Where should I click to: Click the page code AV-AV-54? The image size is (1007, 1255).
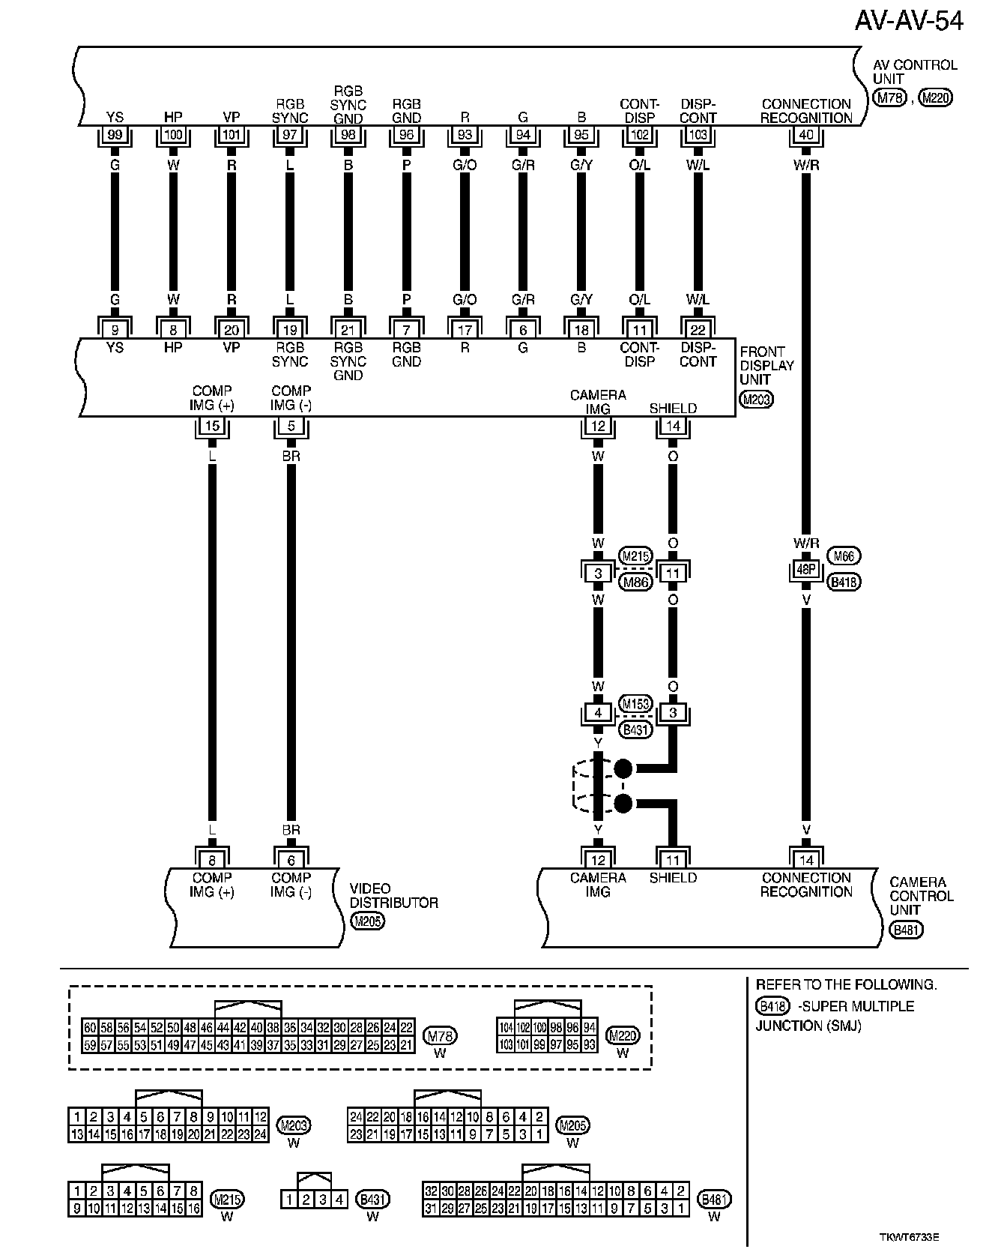tap(909, 21)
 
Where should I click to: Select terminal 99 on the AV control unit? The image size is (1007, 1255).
tap(115, 136)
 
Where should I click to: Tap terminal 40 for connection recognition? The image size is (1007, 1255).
tap(806, 136)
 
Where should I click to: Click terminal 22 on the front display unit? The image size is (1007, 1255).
tap(698, 330)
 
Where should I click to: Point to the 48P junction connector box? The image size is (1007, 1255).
tap(806, 569)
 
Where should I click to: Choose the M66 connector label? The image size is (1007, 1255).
tap(844, 556)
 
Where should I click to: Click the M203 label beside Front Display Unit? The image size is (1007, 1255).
tap(755, 400)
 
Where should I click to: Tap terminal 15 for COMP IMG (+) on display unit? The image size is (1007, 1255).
tap(212, 427)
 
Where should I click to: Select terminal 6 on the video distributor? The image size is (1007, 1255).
tap(291, 861)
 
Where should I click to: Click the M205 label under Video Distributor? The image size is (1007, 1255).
tap(367, 921)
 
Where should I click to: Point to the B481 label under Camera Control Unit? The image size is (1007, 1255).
tap(907, 930)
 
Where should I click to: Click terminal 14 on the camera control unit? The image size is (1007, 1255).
tap(806, 861)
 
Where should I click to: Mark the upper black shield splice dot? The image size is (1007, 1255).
tap(623, 768)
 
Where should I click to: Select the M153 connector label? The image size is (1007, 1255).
tap(636, 704)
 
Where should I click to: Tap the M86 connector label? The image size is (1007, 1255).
tap(636, 582)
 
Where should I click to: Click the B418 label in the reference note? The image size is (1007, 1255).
tap(771, 1006)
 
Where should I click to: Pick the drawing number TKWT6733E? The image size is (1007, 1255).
tap(909, 1236)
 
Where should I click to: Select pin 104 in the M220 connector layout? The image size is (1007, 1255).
tap(505, 1027)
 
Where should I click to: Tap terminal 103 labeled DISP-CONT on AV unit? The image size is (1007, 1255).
tap(698, 136)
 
